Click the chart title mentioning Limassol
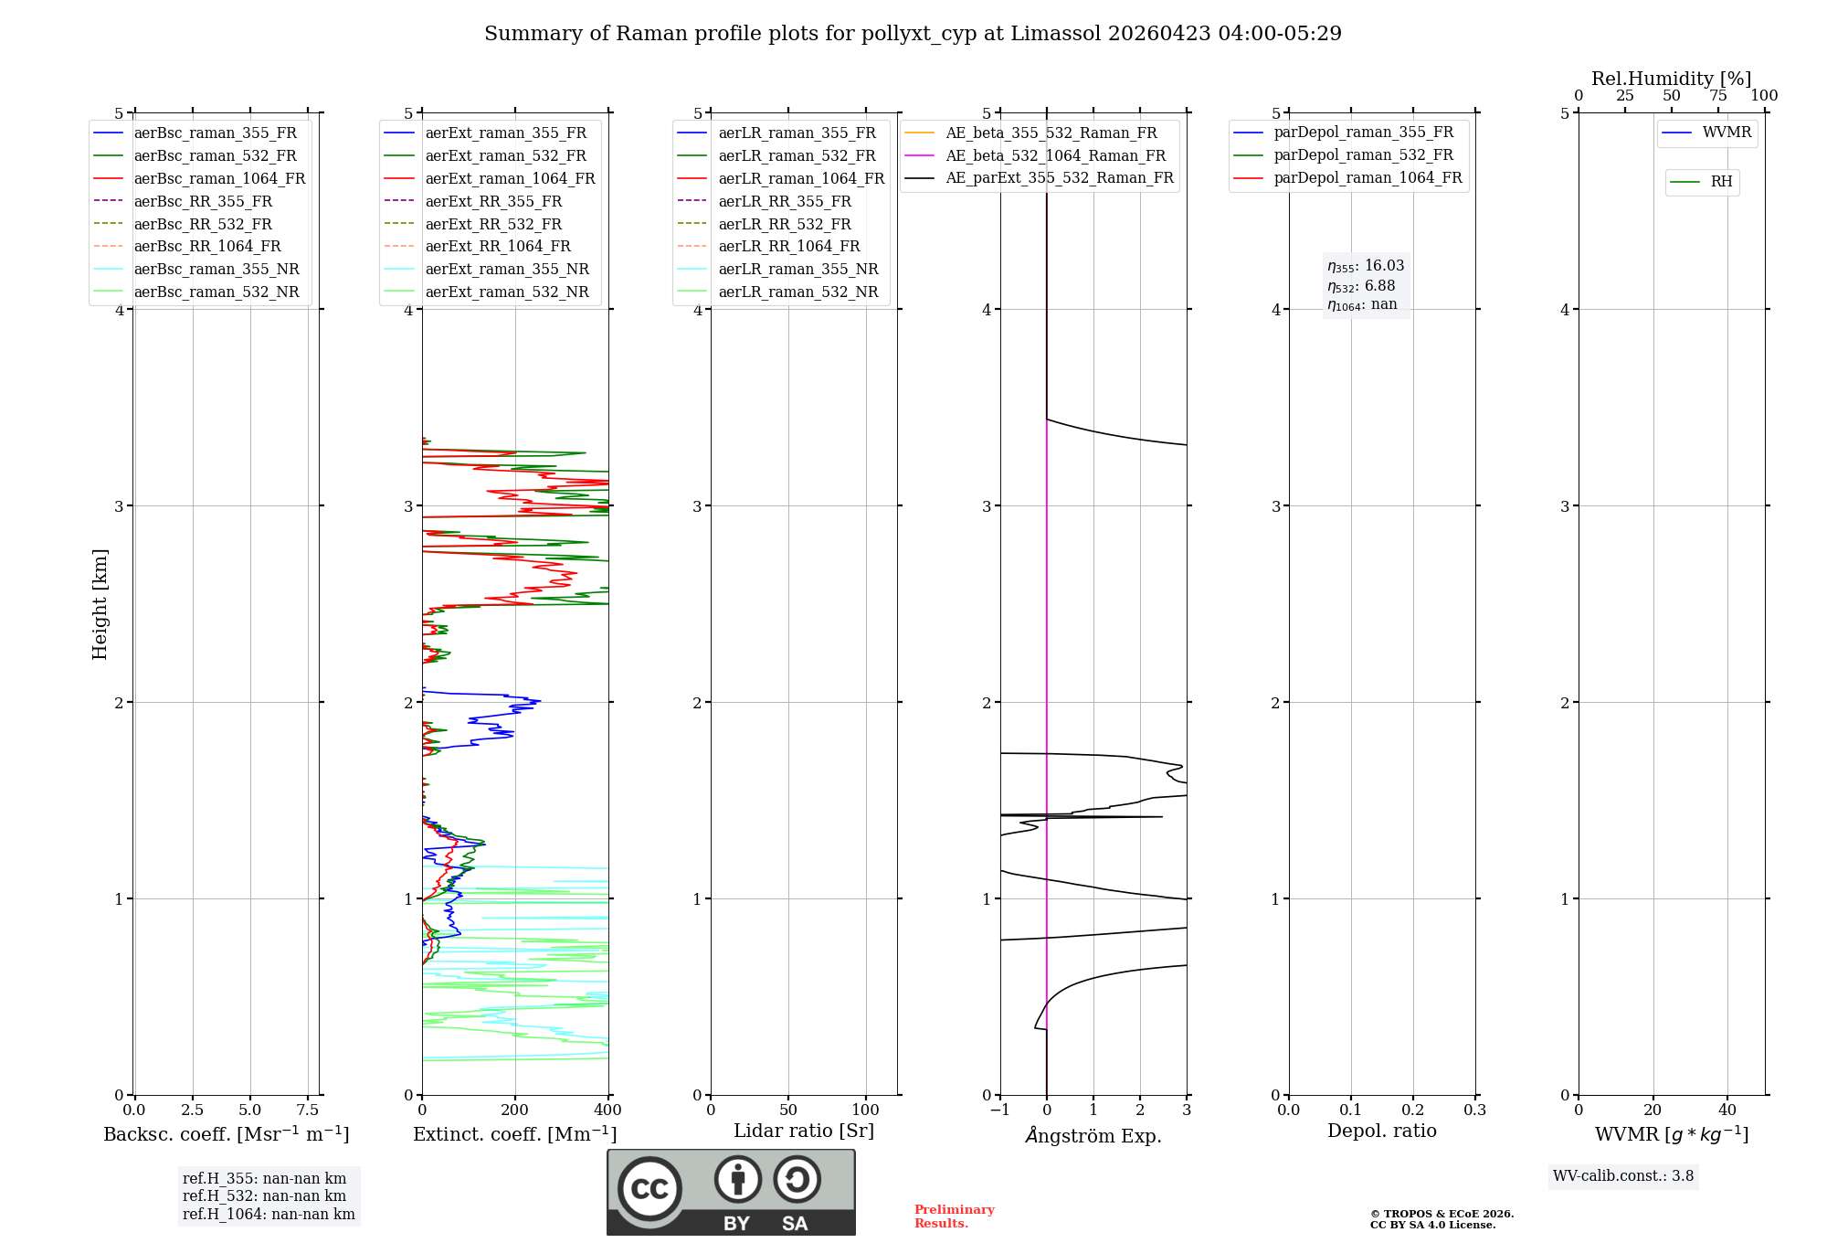point(913,34)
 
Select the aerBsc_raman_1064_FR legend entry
point(219,178)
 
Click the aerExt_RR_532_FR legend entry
point(493,224)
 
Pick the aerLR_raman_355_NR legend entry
point(797,269)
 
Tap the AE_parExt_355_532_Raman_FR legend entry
point(1059,177)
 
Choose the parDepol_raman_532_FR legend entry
point(1363,155)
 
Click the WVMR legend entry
point(1727,133)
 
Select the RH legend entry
point(1721,182)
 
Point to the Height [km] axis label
point(100,604)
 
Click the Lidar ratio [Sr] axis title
point(804,1131)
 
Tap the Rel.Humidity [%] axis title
point(1671,79)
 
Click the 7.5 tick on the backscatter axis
point(308,1110)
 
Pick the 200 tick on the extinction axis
point(515,1110)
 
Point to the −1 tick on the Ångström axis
point(999,1110)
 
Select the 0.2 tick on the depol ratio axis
point(1413,1110)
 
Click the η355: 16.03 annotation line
point(1366,266)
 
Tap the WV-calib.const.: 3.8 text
point(1623,1176)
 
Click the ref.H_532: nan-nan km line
point(264,1196)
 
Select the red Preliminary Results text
point(954,1216)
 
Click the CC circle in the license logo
point(649,1188)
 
